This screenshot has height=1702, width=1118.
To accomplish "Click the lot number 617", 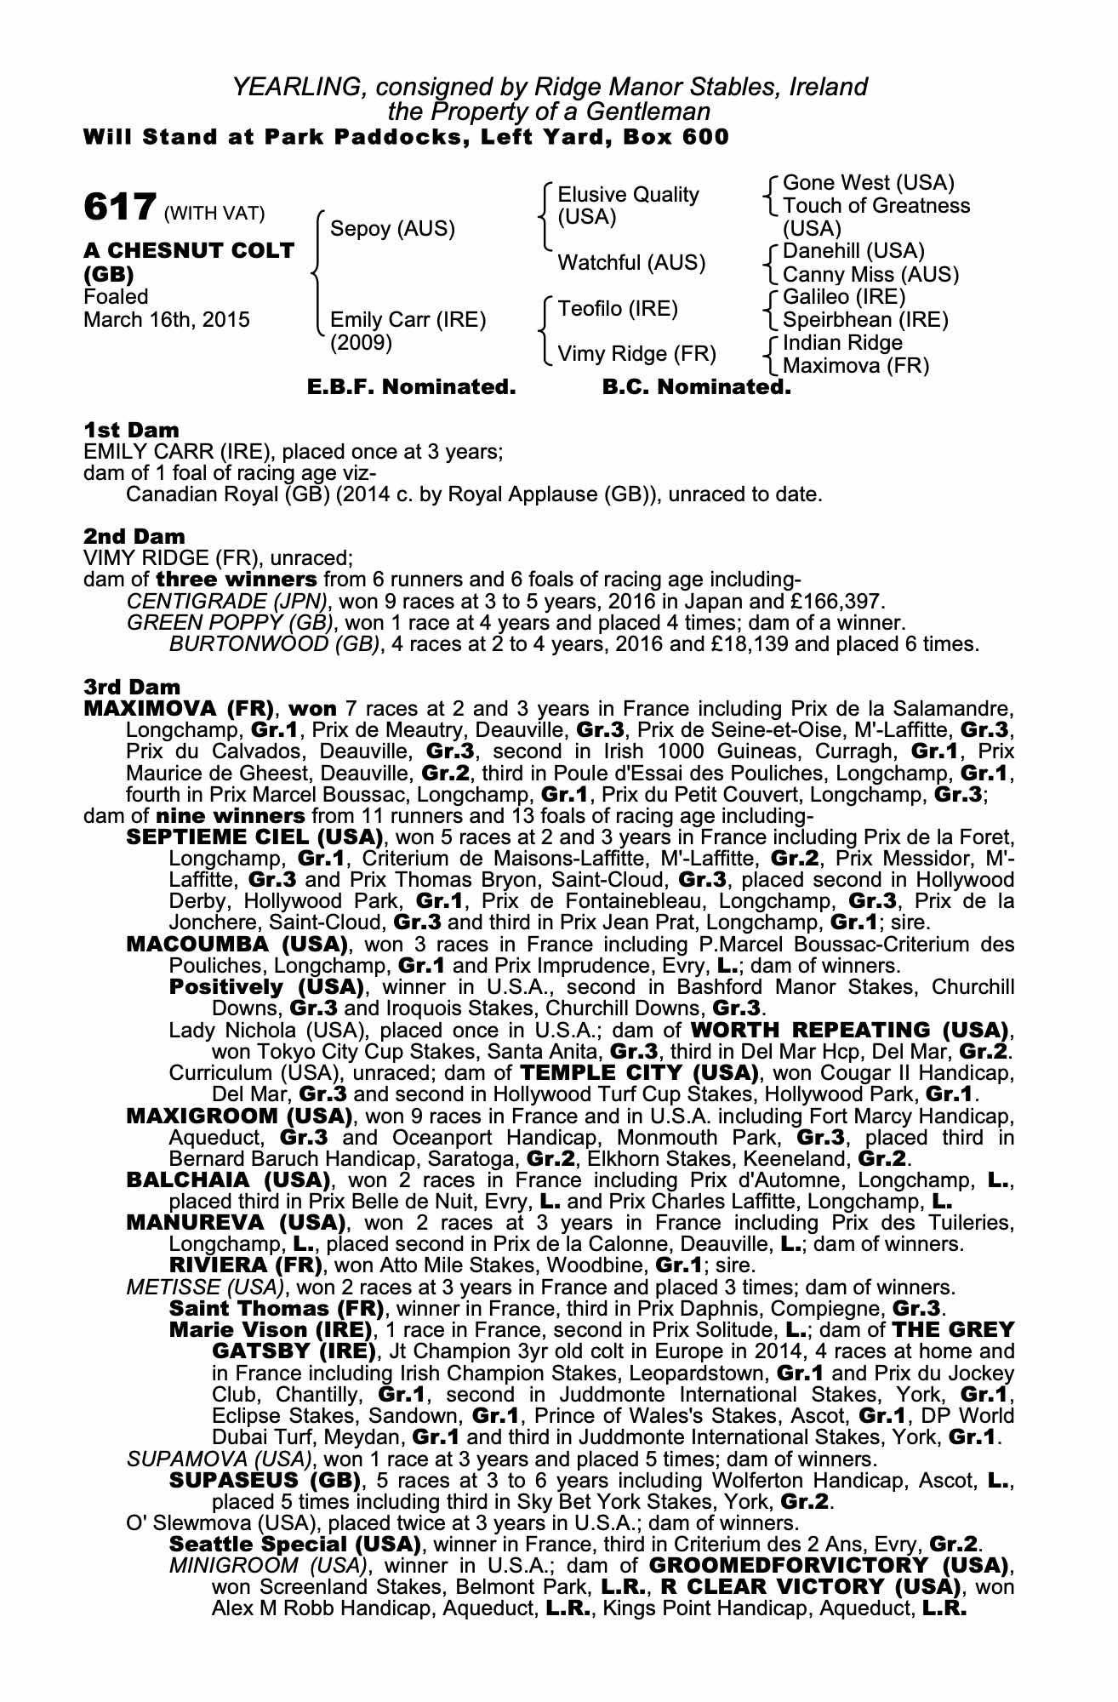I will (x=119, y=206).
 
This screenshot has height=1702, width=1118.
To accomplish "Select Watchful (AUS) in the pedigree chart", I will (x=631, y=263).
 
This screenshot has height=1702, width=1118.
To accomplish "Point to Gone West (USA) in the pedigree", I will (x=868, y=183).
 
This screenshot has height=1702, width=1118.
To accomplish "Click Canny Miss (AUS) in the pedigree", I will (x=870, y=275).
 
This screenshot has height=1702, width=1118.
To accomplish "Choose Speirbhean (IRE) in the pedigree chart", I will (x=865, y=320).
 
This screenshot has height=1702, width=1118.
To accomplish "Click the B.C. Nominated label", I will (x=696, y=388).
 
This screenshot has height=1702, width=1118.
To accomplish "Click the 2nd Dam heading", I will (x=134, y=536).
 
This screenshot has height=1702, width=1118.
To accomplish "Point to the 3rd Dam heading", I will (x=132, y=686).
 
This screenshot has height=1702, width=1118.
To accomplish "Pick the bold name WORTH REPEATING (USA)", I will (x=852, y=1030).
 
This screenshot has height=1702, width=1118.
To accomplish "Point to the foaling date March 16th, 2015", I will (x=167, y=320).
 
